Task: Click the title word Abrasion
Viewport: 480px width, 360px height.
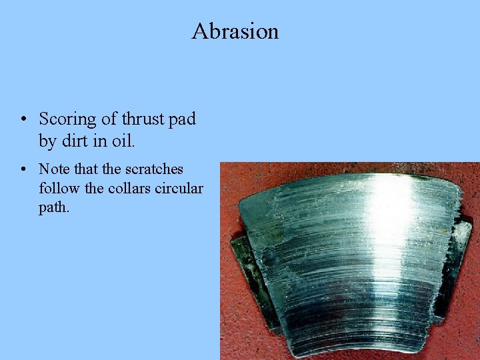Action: click(x=235, y=31)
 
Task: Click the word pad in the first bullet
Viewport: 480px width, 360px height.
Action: click(x=183, y=120)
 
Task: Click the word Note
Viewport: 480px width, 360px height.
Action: click(x=53, y=169)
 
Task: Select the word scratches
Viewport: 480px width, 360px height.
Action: click(x=154, y=169)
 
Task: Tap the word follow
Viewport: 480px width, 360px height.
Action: click(x=59, y=189)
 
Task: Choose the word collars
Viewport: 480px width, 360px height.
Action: click(x=129, y=189)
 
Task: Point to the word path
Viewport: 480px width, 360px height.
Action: click(x=53, y=208)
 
